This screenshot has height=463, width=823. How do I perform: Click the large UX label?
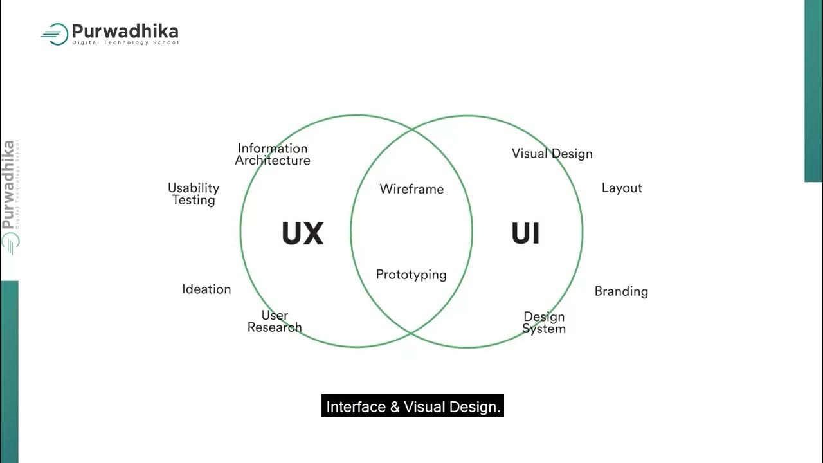[x=302, y=233]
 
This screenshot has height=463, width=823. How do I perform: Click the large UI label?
[x=525, y=233]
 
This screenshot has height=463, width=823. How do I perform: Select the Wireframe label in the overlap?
[x=411, y=189]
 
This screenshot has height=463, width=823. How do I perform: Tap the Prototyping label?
[x=411, y=275]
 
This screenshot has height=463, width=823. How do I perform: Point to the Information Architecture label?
[x=273, y=154]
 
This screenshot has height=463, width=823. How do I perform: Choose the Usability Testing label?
[x=194, y=194]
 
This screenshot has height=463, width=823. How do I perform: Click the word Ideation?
[x=206, y=289]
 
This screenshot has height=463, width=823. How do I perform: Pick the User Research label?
[x=275, y=321]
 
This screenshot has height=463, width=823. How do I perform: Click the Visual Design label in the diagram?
[x=552, y=154]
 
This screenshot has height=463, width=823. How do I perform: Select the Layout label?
[x=622, y=188]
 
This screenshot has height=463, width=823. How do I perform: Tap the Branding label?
[x=621, y=291]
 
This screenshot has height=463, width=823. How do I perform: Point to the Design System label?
[x=544, y=323]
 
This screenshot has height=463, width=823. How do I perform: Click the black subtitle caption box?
[x=413, y=406]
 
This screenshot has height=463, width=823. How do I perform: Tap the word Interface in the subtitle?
[x=356, y=407]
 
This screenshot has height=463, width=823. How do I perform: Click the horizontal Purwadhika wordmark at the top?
[x=125, y=31]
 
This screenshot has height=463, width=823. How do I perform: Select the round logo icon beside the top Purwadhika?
[x=55, y=34]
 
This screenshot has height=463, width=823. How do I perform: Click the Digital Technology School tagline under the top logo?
[x=125, y=43]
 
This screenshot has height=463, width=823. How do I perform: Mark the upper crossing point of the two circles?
[x=411, y=129]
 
